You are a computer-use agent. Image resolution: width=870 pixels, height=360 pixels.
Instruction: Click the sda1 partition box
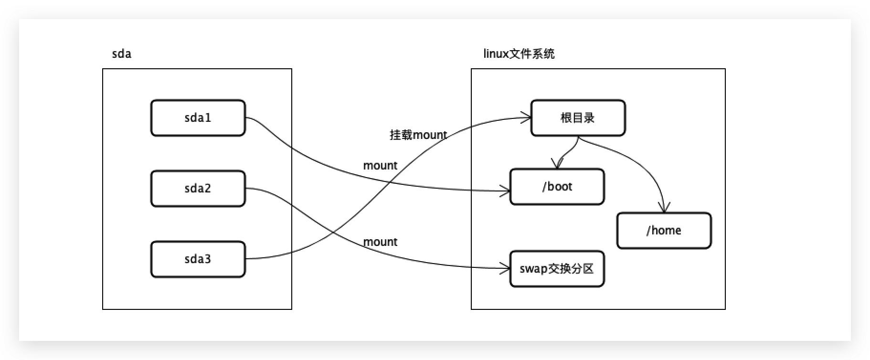198,118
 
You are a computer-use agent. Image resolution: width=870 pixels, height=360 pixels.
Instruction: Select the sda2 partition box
198,189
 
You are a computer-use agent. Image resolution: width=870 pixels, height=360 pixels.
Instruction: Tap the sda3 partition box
198,259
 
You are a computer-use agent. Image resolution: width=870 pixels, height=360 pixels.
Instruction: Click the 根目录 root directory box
578,118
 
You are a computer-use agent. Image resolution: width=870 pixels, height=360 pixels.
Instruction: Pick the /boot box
557,187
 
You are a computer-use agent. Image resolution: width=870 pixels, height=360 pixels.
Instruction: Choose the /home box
664,231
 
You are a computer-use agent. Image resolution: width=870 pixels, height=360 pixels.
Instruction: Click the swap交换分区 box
557,269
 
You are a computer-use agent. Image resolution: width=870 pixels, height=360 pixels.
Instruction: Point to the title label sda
121,54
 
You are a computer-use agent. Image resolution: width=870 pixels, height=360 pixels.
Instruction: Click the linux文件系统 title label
519,54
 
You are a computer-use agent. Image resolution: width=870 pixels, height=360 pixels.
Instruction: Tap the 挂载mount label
418,135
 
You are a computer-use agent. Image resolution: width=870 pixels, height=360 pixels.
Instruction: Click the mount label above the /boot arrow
380,166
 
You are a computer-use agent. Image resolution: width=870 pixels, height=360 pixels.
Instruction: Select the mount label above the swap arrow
380,242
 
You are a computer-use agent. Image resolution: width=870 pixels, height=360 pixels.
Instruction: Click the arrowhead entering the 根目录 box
527,117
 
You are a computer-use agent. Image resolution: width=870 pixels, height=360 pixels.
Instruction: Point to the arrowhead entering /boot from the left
506,191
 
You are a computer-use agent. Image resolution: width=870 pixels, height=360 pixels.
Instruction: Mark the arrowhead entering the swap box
506,269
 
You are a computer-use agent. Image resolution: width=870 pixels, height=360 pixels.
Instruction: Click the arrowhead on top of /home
664,209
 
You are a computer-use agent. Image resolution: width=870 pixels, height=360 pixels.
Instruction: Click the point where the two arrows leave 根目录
579,138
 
